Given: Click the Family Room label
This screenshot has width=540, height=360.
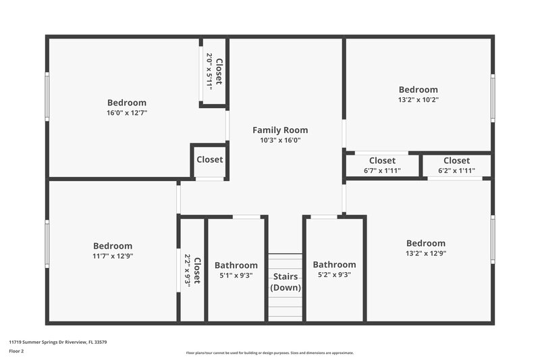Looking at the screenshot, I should (x=280, y=130).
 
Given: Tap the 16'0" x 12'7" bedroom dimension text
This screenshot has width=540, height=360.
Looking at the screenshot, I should (x=127, y=113).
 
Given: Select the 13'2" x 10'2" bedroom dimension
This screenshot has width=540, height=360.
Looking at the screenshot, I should (x=418, y=100).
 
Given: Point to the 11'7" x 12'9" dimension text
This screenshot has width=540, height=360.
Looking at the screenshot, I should (x=113, y=256).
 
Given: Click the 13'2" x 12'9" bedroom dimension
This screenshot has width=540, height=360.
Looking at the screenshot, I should (x=425, y=253).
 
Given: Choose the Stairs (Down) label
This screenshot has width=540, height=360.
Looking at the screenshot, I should (x=286, y=282).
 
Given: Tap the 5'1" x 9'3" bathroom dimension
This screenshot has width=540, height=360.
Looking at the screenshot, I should (x=236, y=275).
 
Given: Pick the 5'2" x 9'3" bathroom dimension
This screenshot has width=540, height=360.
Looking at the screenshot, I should (x=334, y=275).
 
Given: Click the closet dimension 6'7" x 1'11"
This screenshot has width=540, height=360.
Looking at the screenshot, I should (x=382, y=171).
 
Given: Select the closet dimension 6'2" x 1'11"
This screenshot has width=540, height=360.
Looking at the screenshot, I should (x=456, y=171).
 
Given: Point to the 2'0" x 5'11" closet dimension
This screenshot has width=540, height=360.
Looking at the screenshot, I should (x=209, y=72).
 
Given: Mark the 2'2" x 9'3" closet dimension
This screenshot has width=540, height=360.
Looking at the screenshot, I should (x=188, y=271).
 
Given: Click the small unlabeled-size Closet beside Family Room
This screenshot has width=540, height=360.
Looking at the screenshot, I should (x=209, y=160).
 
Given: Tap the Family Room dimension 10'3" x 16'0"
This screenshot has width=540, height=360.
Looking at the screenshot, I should (x=280, y=140).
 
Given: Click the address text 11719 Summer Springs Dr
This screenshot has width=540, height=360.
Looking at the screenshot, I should (x=57, y=342).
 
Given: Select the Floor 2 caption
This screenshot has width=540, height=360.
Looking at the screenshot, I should (x=16, y=351).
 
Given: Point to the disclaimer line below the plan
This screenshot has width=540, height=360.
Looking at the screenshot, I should (x=269, y=353).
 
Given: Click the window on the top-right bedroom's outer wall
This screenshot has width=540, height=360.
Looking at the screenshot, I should (x=493, y=99).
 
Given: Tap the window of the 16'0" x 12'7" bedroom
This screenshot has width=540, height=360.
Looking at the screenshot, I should (x=47, y=97).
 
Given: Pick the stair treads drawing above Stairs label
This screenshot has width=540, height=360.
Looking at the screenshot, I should (x=286, y=262).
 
